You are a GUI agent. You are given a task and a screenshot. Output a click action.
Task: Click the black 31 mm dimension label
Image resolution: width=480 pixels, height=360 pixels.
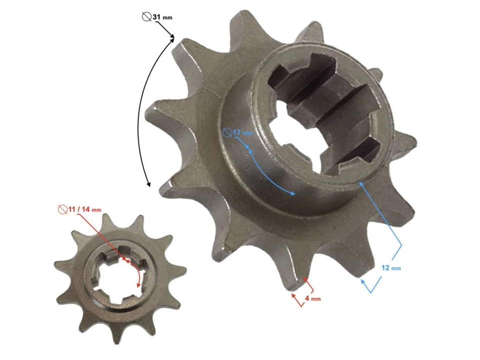[162, 17]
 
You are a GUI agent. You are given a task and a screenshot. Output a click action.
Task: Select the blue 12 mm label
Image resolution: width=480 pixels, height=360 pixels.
[390, 268]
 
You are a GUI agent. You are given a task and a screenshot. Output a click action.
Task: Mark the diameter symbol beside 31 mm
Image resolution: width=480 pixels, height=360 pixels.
[146, 17]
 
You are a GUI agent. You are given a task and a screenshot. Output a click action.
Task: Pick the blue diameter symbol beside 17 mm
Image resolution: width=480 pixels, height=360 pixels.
[228, 132]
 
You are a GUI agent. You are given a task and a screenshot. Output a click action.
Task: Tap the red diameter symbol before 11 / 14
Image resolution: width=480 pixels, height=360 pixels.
[62, 209]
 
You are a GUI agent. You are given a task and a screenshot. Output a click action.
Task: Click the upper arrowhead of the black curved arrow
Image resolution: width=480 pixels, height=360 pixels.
[172, 36]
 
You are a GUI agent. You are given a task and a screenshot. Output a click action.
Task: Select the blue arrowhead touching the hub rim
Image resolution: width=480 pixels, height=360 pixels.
[360, 183]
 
